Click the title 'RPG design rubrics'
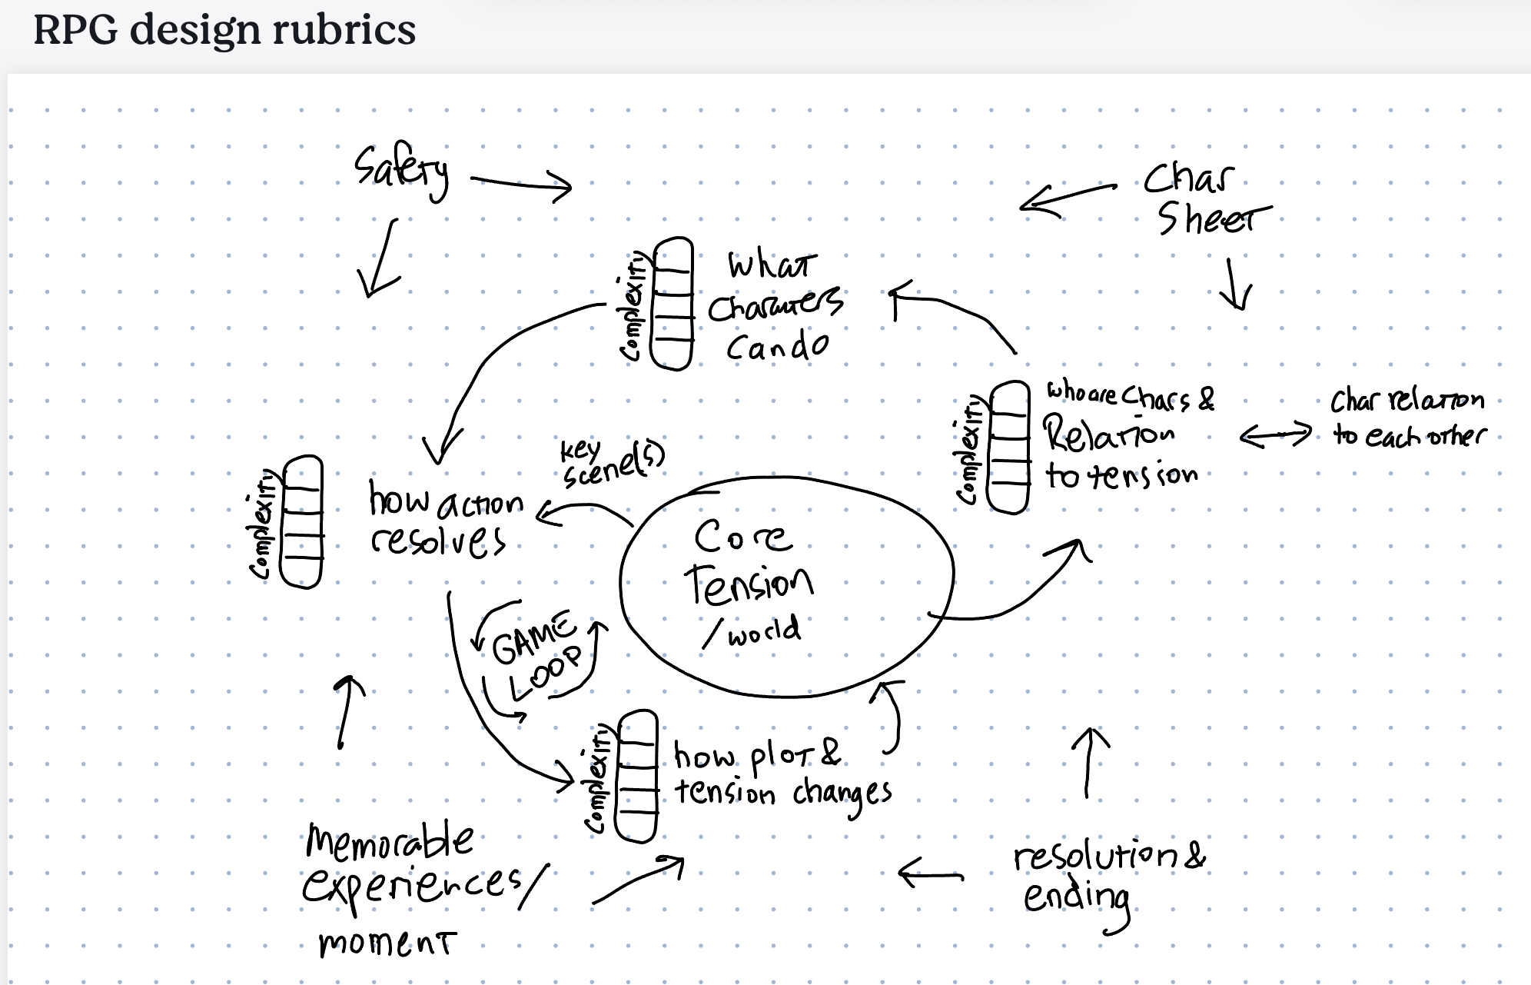224,31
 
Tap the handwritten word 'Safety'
401,171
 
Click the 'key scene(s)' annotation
612,461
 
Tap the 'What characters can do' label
775,308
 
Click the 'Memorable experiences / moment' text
415,888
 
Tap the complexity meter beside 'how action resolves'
302,521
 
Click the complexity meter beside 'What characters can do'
672,304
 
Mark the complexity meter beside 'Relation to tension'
1008,447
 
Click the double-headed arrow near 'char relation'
1276,435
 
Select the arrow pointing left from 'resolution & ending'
930,874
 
